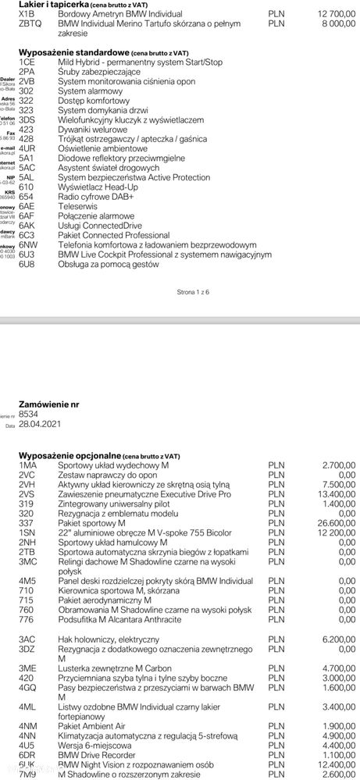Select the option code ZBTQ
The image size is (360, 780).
[x=28, y=24]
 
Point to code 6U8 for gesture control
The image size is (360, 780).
[x=27, y=264]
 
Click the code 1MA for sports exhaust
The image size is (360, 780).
[x=27, y=465]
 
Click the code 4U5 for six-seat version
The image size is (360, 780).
[x=27, y=745]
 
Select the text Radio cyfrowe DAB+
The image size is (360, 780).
[x=96, y=197]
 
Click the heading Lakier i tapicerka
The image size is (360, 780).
[x=52, y=5]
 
